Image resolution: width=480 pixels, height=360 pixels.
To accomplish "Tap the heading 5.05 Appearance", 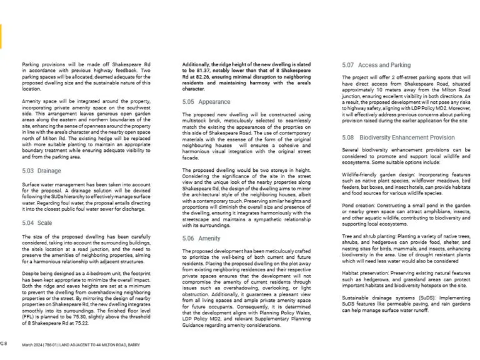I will point(206,101).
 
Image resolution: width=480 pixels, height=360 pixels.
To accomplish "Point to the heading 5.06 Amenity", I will point(202,239).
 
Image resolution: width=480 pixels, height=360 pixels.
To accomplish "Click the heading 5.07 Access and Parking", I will point(376,65).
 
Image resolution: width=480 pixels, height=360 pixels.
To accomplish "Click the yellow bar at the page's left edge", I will point(1,37).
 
